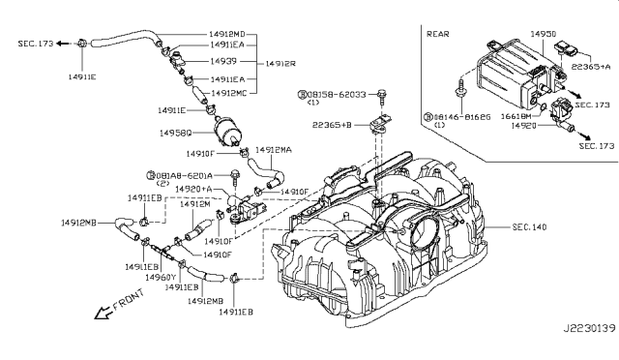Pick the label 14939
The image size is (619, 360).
(x=226, y=61)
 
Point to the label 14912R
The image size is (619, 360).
(x=280, y=62)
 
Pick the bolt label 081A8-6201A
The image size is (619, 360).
(x=186, y=175)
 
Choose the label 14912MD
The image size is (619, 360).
(x=228, y=33)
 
